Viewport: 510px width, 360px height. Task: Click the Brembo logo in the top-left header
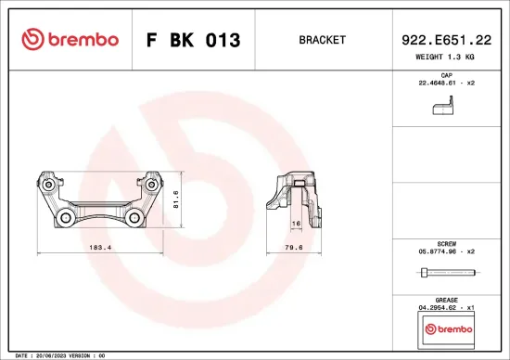coord(70,40)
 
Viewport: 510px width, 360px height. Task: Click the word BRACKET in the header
coord(322,40)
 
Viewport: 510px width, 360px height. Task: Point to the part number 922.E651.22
coord(445,40)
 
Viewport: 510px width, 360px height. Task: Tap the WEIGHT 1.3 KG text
coord(445,58)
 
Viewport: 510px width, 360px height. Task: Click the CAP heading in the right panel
coord(445,74)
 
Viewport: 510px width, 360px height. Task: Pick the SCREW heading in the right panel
coord(445,241)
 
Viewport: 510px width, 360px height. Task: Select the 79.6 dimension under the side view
coord(293,249)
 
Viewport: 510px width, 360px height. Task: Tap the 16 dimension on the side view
coord(296,224)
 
